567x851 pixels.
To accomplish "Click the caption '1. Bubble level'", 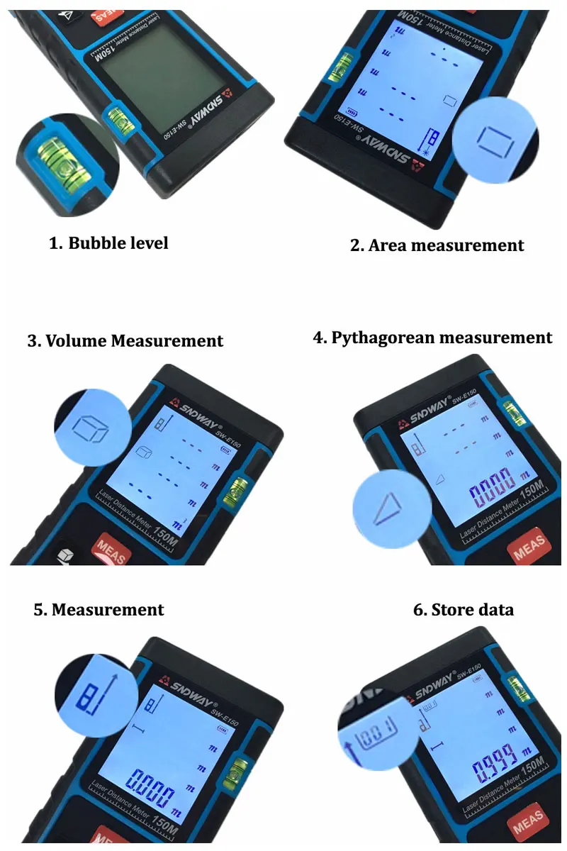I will click(108, 243).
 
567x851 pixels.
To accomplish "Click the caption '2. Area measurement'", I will click(437, 245).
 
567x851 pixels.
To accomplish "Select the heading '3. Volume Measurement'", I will click(125, 341).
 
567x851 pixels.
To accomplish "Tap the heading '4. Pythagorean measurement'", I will click(432, 338).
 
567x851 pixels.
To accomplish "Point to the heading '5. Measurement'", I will click(99, 610).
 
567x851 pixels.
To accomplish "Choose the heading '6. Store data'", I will click(463, 610).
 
